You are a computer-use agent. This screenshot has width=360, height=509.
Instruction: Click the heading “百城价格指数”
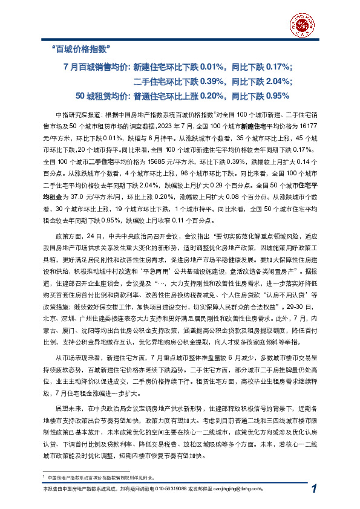pos(80,47)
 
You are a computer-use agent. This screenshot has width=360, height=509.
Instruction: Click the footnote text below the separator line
pos(97,478)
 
